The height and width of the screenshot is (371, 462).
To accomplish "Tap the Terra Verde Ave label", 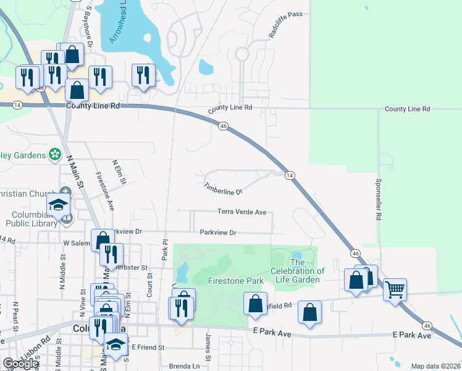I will pyautogui.click(x=241, y=212).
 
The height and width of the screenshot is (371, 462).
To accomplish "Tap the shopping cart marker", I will pyautogui.click(x=395, y=288).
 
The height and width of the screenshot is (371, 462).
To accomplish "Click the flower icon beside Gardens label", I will pyautogui.click(x=55, y=154).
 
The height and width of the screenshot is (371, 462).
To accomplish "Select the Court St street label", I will pyautogui.click(x=150, y=285).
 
